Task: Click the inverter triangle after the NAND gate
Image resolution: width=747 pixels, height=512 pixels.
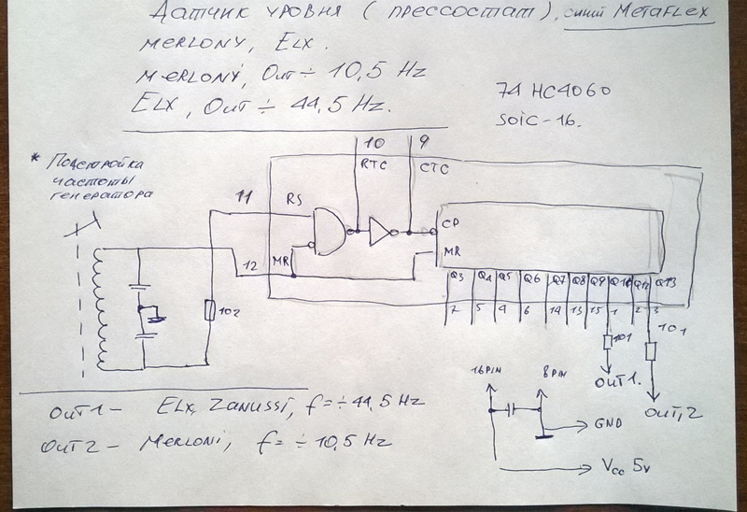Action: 380,230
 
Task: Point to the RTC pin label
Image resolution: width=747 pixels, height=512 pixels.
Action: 373,165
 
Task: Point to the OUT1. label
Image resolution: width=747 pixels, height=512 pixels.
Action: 615,381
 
